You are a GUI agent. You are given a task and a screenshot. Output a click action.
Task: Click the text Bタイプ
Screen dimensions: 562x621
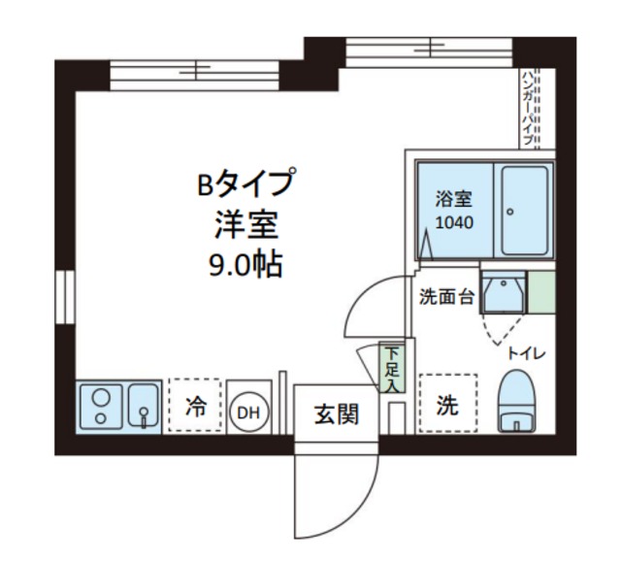click(245, 182)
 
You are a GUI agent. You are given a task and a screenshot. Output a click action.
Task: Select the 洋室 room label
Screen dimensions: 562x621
click(245, 223)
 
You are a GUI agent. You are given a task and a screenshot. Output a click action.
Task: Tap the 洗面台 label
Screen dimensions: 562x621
click(446, 297)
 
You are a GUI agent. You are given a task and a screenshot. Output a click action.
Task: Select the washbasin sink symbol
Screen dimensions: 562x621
click(503, 291)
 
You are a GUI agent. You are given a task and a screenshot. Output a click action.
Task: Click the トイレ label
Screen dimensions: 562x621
click(527, 353)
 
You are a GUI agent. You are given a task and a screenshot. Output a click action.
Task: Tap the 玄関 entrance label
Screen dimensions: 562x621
click(337, 414)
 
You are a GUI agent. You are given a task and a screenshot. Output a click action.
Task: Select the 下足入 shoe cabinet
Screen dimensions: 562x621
click(391, 369)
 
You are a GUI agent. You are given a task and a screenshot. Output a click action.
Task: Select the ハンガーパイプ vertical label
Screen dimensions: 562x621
click(529, 108)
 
